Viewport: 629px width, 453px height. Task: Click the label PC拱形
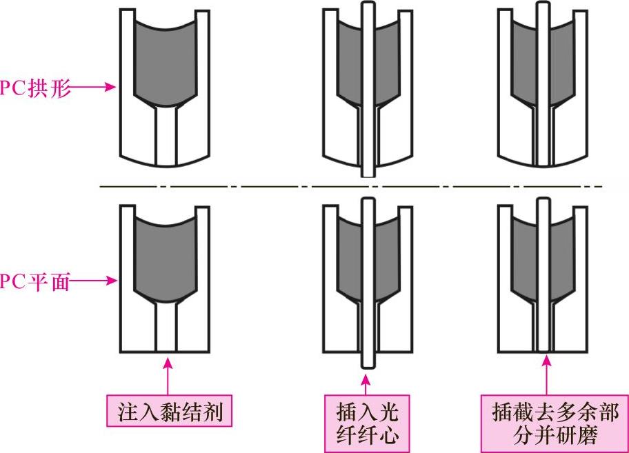tap(36, 88)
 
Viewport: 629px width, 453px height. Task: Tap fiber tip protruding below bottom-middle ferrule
tap(366, 363)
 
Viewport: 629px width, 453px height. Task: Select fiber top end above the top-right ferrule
tap(543, 10)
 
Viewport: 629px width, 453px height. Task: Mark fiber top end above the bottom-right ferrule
tap(543, 203)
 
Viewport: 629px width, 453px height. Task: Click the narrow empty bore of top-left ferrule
tap(166, 138)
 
